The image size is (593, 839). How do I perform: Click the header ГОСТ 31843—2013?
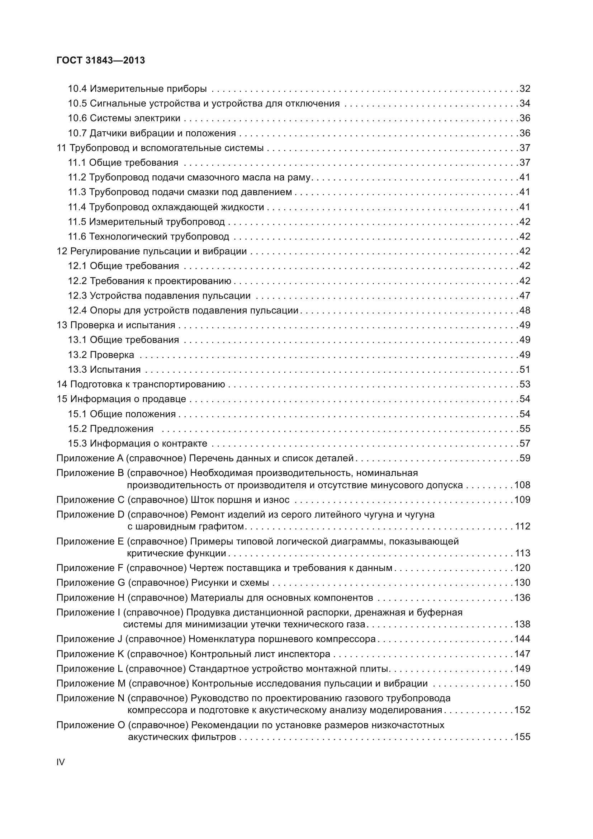(x=101, y=60)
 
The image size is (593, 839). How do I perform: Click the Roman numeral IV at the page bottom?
(x=61, y=762)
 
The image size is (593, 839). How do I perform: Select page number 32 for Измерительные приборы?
(x=525, y=89)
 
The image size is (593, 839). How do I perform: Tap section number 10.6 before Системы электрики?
(x=77, y=118)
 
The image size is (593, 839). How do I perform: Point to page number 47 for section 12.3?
(x=525, y=296)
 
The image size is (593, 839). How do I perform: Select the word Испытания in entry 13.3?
(x=115, y=370)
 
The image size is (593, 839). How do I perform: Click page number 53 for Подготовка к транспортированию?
(x=525, y=385)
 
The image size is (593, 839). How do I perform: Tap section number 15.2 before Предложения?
(x=77, y=429)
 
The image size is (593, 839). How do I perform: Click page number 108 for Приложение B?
(x=522, y=485)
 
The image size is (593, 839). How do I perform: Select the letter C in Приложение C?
(x=121, y=500)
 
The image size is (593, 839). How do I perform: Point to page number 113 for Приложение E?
(x=522, y=553)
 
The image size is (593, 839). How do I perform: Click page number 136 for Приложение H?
(x=522, y=598)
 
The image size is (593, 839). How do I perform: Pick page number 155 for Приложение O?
(x=522, y=737)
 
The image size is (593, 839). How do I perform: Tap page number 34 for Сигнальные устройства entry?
(x=525, y=104)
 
